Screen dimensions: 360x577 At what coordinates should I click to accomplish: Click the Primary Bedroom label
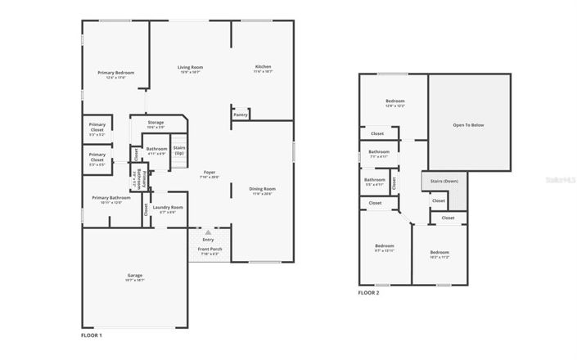pyautogui.click(x=115, y=73)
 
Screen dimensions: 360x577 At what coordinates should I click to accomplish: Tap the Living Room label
pyautogui.click(x=190, y=67)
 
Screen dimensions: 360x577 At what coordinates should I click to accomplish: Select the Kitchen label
pyautogui.click(x=263, y=66)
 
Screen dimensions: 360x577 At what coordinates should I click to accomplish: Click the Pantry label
pyautogui.click(x=240, y=115)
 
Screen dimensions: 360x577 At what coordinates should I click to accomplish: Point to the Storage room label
pyautogui.click(x=156, y=122)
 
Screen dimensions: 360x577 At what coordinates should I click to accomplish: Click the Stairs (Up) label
pyautogui.click(x=178, y=150)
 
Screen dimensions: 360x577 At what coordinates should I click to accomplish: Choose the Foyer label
pyautogui.click(x=209, y=173)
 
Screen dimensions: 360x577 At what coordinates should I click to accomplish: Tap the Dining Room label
pyautogui.click(x=263, y=189)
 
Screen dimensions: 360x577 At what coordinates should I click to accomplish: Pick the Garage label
pyautogui.click(x=135, y=275)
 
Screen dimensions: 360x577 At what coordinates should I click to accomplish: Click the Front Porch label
pyautogui.click(x=210, y=248)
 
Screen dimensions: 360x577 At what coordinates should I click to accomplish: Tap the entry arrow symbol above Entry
pyautogui.click(x=209, y=232)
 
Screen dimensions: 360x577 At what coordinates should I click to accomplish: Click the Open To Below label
pyautogui.click(x=469, y=125)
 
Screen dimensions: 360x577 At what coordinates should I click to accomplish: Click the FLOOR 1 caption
pyautogui.click(x=91, y=335)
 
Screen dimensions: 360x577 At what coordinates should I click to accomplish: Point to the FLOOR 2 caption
pyautogui.click(x=369, y=292)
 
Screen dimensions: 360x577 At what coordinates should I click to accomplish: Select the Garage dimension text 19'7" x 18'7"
pyautogui.click(x=135, y=280)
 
